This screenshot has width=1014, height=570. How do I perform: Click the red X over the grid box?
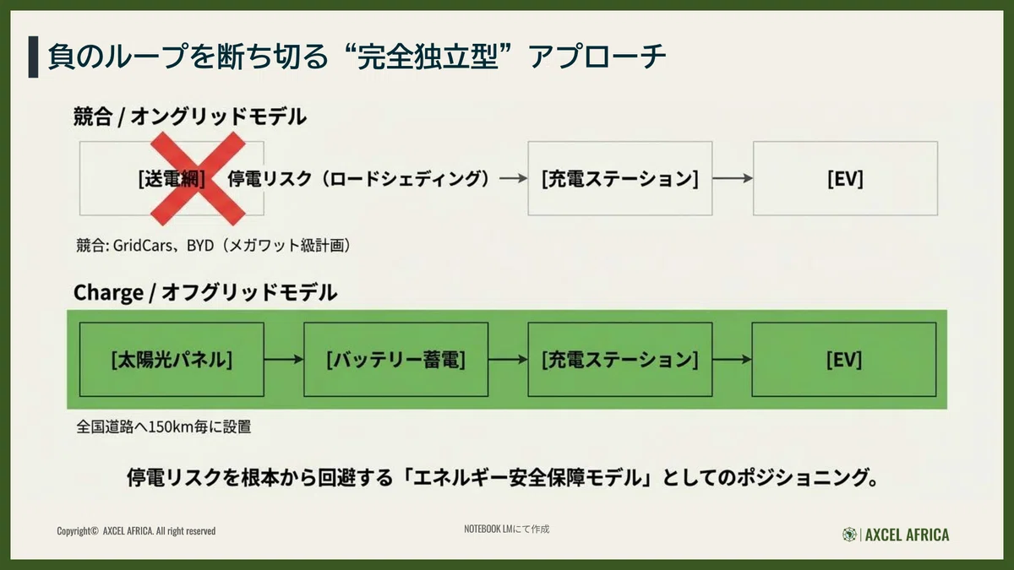click(x=199, y=179)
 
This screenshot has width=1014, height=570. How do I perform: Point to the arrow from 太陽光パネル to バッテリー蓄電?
click(x=284, y=360)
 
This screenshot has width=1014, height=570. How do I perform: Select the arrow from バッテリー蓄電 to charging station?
click(x=508, y=360)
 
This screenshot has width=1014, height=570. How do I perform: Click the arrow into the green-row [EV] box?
click(x=732, y=360)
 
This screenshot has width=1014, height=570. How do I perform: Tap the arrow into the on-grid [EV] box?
click(x=733, y=178)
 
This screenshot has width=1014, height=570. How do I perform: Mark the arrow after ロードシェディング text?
click(x=514, y=179)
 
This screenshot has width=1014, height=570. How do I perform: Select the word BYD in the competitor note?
click(x=200, y=245)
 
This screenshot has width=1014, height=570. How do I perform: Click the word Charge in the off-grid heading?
click(x=108, y=293)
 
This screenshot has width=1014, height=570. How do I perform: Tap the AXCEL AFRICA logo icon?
click(x=849, y=535)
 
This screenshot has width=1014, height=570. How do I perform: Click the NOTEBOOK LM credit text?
click(x=506, y=529)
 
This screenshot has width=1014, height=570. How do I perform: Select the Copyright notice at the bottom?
click(x=136, y=530)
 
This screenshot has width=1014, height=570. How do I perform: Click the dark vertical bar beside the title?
click(x=33, y=57)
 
